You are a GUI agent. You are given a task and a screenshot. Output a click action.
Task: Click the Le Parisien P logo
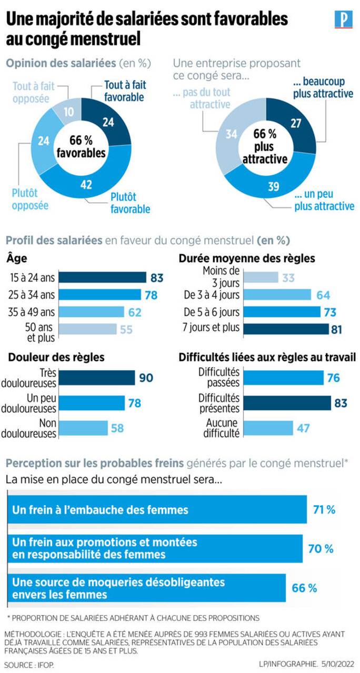pos(343,20)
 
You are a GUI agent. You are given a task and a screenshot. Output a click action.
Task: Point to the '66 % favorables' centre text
pos(82,147)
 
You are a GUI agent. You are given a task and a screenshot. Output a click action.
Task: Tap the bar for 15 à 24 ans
pos(103,277)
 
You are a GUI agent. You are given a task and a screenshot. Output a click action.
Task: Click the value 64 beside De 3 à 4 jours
pos(323,295)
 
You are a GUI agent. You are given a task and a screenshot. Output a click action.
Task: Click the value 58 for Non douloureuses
pos(117,428)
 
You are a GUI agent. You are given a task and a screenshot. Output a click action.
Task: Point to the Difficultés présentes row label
pos(218,403)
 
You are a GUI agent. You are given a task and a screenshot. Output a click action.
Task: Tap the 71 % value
pos(324,509)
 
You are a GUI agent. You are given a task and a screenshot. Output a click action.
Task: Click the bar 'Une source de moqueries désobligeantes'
pos(146,588)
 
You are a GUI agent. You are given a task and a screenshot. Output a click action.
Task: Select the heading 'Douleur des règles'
pos(56,357)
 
